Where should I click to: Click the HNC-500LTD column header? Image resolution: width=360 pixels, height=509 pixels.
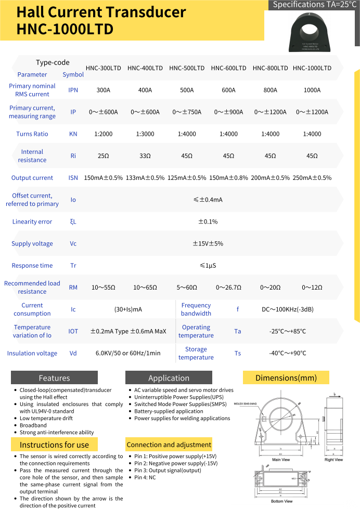pos(187,68)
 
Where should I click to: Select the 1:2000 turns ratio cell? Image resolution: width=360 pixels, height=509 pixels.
pos(104,134)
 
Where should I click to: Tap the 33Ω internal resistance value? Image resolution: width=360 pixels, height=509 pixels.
pos(145,156)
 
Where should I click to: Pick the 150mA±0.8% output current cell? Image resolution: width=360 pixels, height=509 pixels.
pos(228,178)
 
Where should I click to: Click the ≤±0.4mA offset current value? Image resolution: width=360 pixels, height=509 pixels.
pos(208,200)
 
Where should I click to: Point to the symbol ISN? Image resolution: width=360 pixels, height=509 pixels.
pos(73,178)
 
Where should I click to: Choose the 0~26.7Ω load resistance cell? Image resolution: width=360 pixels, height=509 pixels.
pos(228,288)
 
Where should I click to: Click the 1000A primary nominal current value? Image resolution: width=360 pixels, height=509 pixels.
pos(312,90)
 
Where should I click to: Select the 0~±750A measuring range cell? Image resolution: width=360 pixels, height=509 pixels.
pos(187,112)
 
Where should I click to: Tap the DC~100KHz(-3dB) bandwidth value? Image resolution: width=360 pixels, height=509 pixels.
pos(288,309)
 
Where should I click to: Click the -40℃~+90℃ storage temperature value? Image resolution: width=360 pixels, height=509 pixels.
pos(288,354)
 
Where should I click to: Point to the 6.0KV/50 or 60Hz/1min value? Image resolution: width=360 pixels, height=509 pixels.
pos(128,354)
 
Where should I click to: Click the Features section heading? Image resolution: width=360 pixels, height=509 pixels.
pos(54,378)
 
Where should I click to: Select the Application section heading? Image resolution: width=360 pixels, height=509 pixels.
pos(169,378)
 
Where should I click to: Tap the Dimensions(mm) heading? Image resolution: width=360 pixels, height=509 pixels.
pos(287,377)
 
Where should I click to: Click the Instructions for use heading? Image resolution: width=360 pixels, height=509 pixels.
pos(54,445)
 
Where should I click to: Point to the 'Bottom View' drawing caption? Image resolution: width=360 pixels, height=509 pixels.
pos(281,501)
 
